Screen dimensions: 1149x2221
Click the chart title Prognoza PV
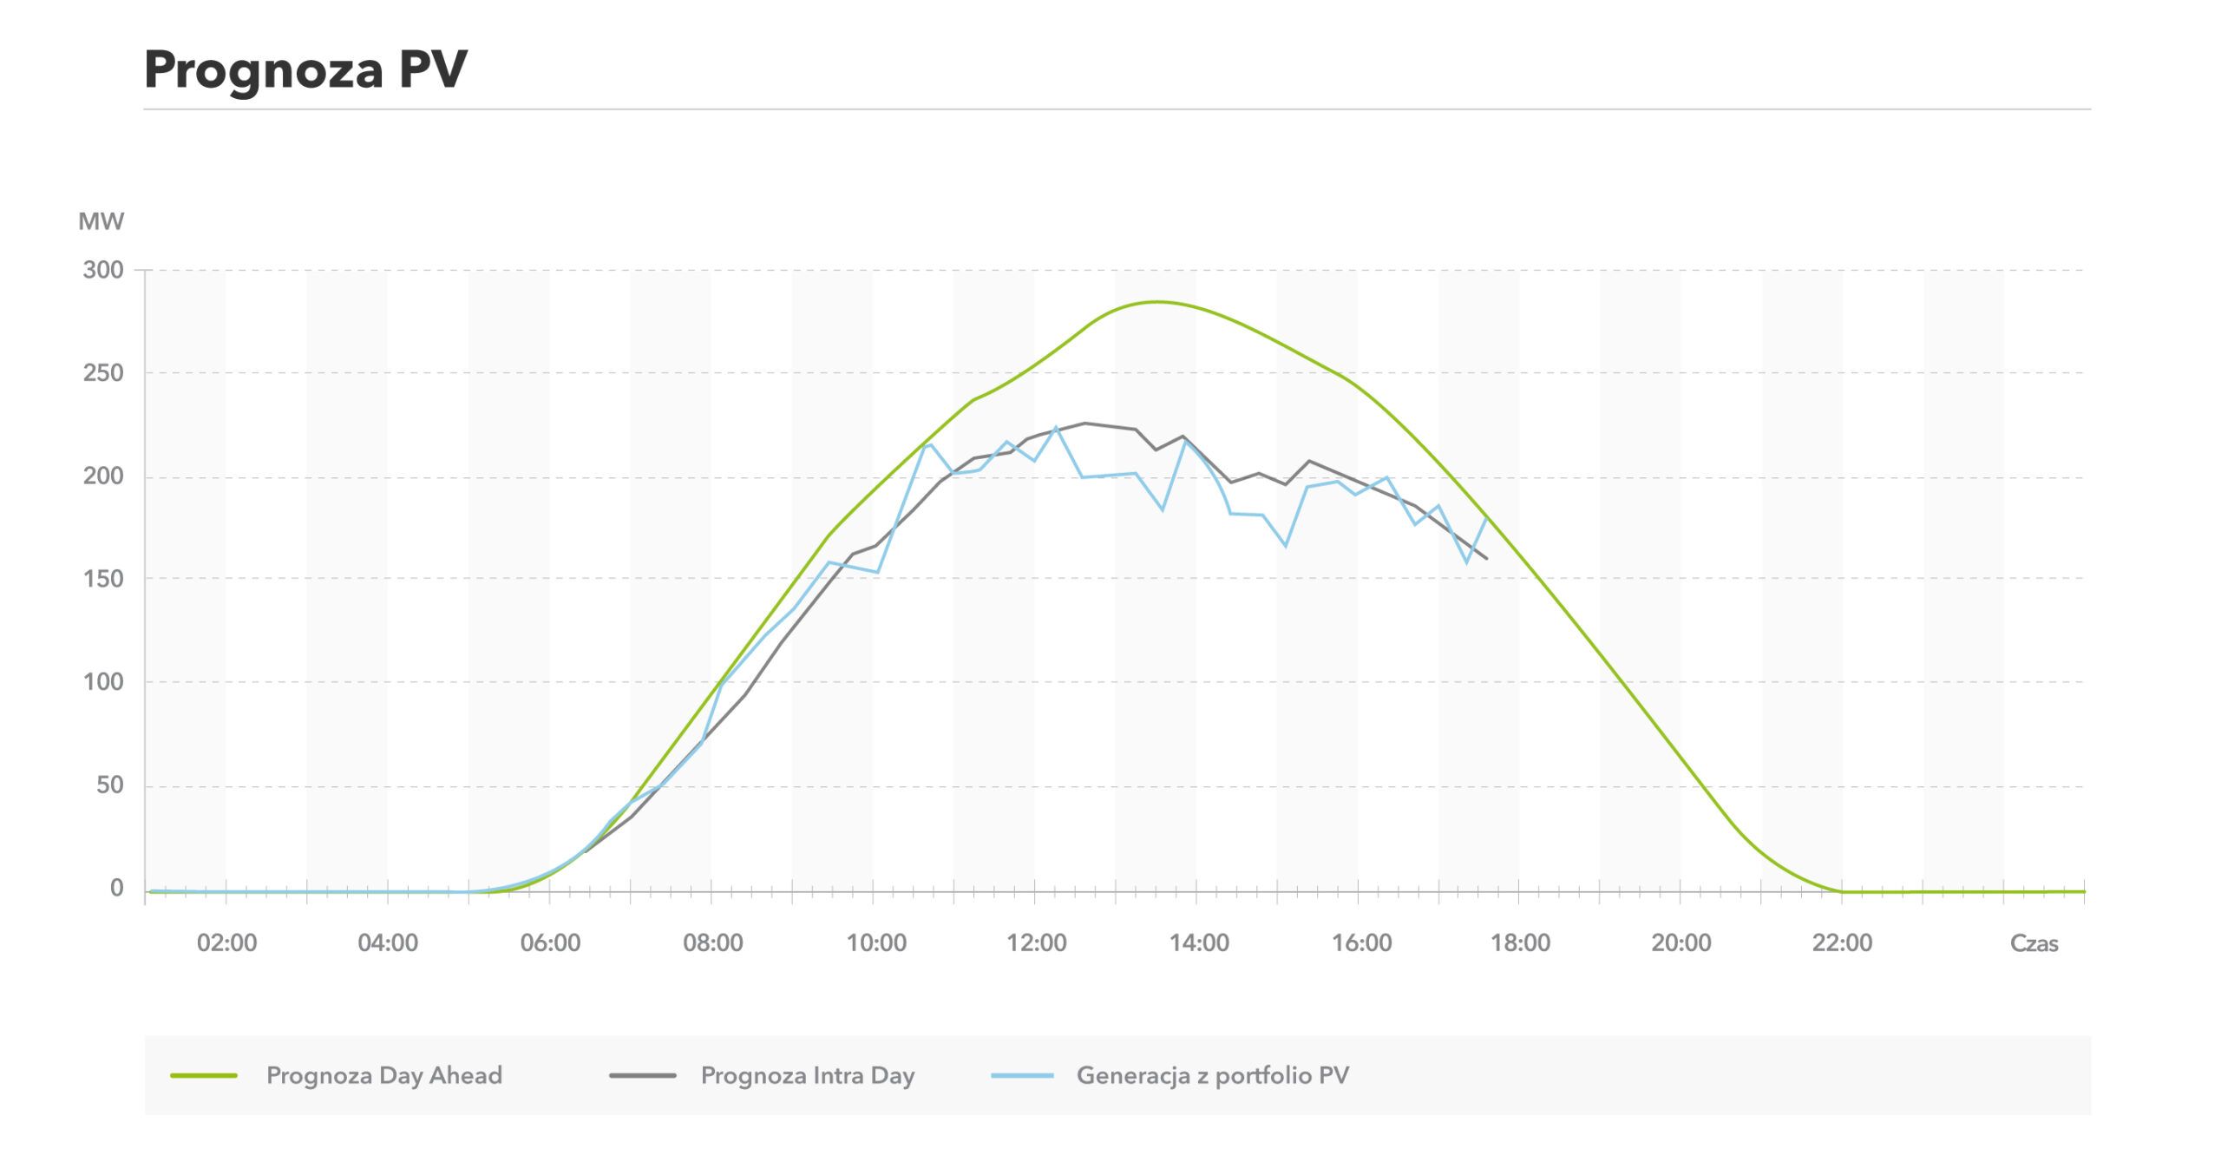pyautogui.click(x=305, y=69)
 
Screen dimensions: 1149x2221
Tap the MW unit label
pyautogui.click(x=101, y=222)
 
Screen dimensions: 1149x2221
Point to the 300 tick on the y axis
pyautogui.click(x=103, y=270)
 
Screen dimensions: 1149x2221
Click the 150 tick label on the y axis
pyautogui.click(x=103, y=579)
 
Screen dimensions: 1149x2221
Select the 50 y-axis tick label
pyautogui.click(x=109, y=785)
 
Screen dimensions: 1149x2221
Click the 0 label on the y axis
pyautogui.click(x=116, y=889)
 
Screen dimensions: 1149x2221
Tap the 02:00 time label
pyautogui.click(x=226, y=943)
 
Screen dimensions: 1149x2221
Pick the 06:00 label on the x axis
pyautogui.click(x=550, y=943)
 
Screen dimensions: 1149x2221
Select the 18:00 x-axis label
pyautogui.click(x=1520, y=943)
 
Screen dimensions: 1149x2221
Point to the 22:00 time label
pyautogui.click(x=1842, y=943)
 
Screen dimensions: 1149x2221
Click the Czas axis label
pyautogui.click(x=2034, y=943)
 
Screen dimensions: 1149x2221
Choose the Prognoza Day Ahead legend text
pyautogui.click(x=384, y=1076)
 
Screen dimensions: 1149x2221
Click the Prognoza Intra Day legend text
pyautogui.click(x=808, y=1076)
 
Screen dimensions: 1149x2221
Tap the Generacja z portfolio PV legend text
pyautogui.click(x=1213, y=1076)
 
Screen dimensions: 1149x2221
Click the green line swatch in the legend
pyautogui.click(x=204, y=1076)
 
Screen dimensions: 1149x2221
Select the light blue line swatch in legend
pyautogui.click(x=1022, y=1076)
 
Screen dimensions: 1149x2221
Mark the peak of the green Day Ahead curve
pyautogui.click(x=1156, y=302)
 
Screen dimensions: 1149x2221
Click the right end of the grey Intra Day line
pyautogui.click(x=1487, y=558)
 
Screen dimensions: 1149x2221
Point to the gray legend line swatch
pyautogui.click(x=642, y=1076)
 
